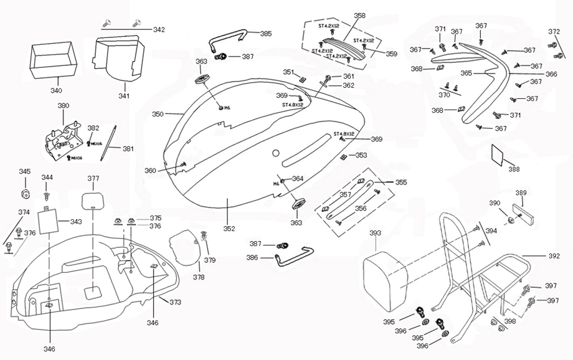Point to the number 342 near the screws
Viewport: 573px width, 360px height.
[x=159, y=29]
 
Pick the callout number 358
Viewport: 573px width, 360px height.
[x=359, y=16]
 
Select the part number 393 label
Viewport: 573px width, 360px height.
[x=375, y=233]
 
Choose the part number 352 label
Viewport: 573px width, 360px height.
[x=229, y=229]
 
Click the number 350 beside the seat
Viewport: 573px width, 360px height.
[x=158, y=115]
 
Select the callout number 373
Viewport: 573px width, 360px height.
[x=175, y=302]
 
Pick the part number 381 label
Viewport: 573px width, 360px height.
[x=128, y=149]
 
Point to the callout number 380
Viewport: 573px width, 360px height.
[x=64, y=106]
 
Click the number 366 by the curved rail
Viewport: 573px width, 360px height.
[x=551, y=74]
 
